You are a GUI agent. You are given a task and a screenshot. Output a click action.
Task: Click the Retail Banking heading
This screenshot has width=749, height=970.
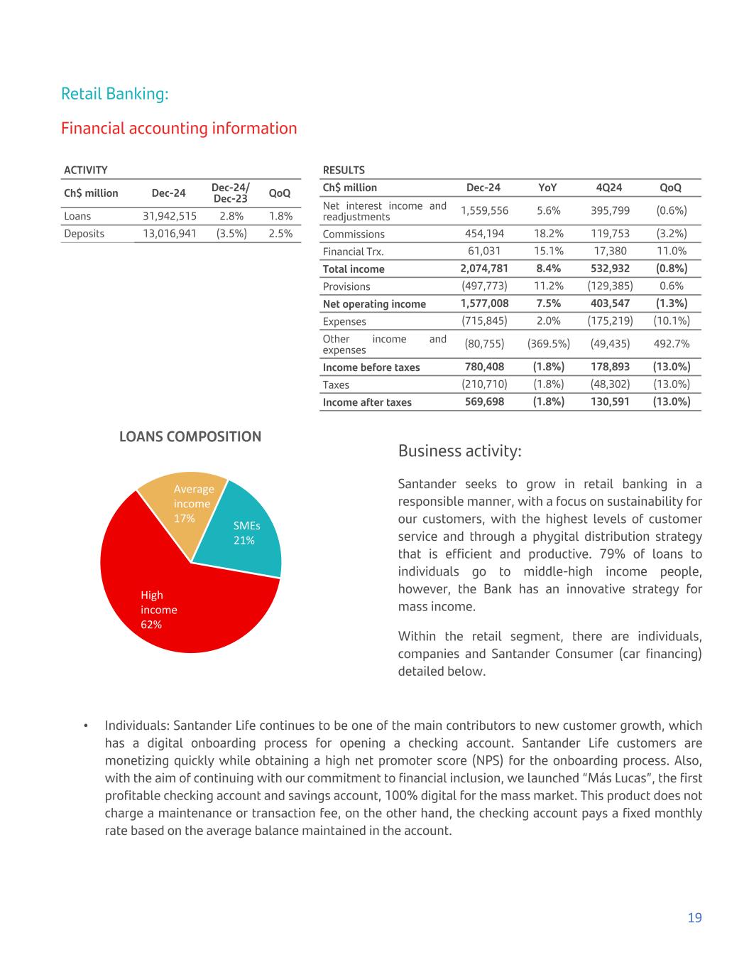(115, 94)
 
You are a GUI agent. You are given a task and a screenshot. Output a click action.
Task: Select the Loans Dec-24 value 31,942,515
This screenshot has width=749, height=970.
(170, 216)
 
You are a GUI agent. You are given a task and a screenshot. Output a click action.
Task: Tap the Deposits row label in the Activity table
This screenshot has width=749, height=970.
(84, 234)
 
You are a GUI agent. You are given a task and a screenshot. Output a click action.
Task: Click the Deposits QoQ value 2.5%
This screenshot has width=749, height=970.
(280, 234)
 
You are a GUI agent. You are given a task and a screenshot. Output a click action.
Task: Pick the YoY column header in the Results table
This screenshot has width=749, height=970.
(547, 188)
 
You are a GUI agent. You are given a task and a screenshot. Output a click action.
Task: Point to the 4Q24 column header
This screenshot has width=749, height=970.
(609, 188)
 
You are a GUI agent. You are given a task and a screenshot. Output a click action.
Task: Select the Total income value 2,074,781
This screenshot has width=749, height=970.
(484, 269)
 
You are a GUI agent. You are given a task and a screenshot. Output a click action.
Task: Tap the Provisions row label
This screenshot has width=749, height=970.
(346, 286)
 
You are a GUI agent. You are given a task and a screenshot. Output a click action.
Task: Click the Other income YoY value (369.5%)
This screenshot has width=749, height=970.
(548, 344)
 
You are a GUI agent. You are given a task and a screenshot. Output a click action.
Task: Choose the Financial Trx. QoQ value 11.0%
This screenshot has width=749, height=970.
(672, 251)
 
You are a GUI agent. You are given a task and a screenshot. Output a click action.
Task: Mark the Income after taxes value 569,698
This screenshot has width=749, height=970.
(484, 402)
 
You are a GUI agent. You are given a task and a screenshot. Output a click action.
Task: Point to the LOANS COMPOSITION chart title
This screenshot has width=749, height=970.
(190, 437)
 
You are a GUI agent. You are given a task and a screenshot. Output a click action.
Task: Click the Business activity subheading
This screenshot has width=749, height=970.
(460, 451)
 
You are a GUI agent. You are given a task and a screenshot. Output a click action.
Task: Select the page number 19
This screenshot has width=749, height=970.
(694, 918)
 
